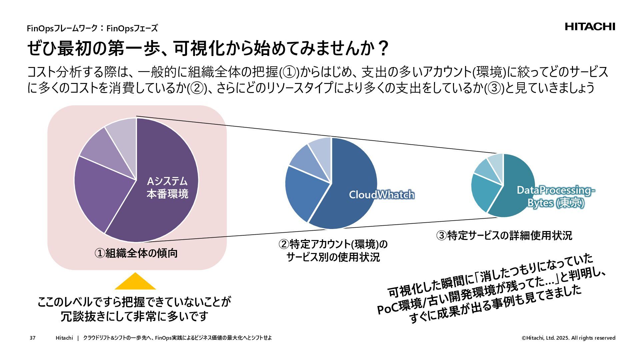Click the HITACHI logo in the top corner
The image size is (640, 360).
click(590, 27)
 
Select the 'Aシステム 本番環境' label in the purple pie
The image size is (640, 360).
click(167, 188)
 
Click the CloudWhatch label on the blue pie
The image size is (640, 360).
click(381, 195)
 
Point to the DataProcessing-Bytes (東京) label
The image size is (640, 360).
click(556, 196)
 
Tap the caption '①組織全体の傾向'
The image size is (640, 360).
click(136, 254)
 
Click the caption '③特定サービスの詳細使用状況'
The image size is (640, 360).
click(504, 236)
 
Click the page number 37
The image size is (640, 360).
click(32, 338)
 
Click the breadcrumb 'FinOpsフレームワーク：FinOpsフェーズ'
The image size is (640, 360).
click(92, 28)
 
